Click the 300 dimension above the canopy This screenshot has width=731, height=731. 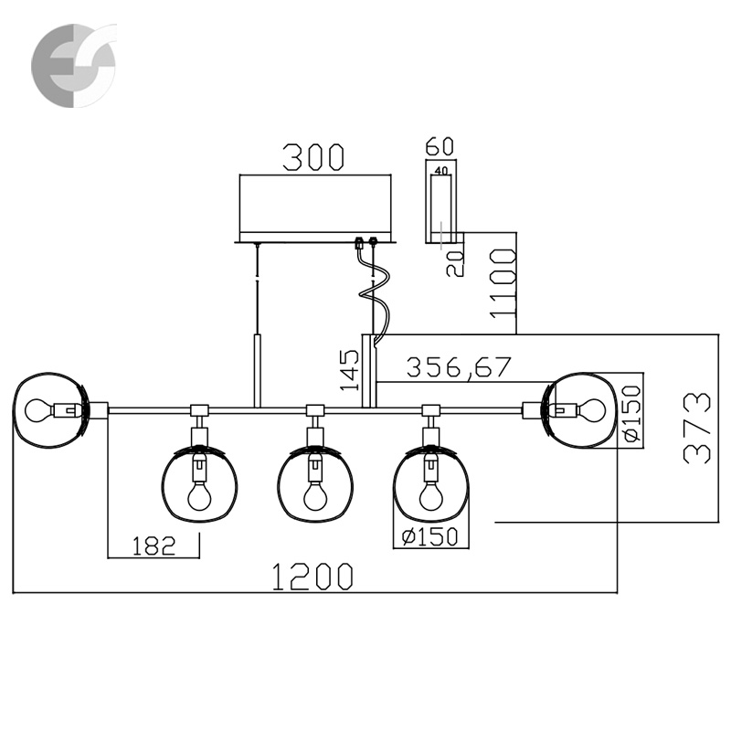[313, 156]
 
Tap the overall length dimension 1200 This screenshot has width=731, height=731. [313, 577]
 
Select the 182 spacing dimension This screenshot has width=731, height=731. [154, 546]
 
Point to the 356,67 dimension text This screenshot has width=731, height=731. [460, 367]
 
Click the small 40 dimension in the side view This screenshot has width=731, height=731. [442, 170]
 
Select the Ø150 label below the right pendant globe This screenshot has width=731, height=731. [425, 537]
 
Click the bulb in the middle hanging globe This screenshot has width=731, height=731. [313, 493]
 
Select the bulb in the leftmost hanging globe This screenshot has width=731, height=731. [196, 493]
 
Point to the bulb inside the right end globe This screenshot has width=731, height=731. [591, 409]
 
